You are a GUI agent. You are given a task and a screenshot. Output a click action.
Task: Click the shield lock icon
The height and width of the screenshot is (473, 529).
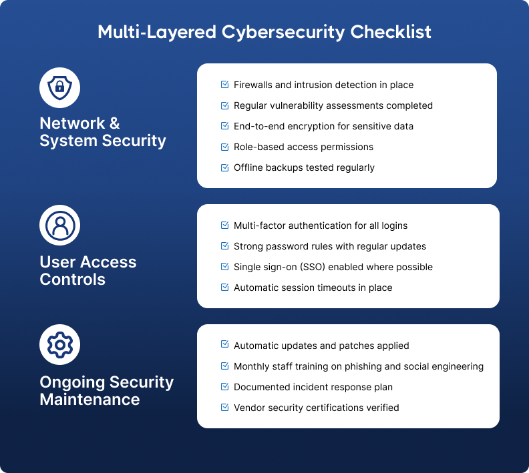[60, 87]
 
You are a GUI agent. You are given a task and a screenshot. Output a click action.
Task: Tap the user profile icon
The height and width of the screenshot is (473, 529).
[60, 225]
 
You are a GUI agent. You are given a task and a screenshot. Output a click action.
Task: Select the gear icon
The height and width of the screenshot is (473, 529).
[60, 345]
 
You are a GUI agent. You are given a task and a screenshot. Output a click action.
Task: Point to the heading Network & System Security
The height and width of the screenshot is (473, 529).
[103, 132]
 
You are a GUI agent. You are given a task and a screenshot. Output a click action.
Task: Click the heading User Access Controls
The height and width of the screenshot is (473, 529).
[88, 271]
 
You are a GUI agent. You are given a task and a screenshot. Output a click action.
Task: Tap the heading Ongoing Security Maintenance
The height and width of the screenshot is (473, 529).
[107, 391]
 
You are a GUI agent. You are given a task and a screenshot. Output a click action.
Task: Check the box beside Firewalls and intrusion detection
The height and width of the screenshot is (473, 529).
[225, 85]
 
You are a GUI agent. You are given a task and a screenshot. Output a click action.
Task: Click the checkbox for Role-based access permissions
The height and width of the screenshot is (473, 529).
[225, 147]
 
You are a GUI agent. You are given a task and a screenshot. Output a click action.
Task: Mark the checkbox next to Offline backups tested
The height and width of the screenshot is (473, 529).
[225, 167]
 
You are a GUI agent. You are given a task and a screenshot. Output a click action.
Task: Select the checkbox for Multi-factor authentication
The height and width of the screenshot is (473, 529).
[225, 225]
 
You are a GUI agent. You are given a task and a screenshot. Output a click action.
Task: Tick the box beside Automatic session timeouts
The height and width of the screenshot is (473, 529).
[225, 288]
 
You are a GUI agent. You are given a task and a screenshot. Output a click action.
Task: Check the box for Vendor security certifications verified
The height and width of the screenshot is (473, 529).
[225, 408]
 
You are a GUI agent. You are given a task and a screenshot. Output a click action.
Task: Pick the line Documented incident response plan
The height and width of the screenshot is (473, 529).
[313, 387]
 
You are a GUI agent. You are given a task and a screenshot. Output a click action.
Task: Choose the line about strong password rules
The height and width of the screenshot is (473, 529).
[330, 246]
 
